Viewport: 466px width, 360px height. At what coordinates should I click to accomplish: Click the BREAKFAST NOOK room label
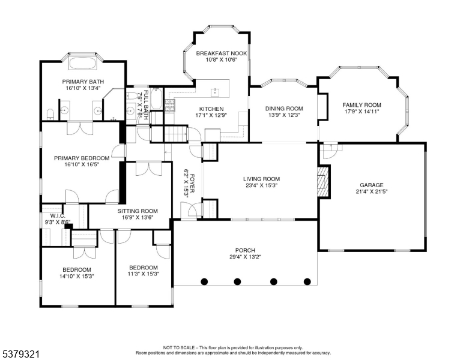(x=217, y=53)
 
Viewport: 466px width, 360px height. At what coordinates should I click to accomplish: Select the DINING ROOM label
(x=284, y=109)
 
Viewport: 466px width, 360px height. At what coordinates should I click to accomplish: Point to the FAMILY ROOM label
(x=362, y=105)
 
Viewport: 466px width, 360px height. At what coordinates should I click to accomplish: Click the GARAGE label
(x=371, y=185)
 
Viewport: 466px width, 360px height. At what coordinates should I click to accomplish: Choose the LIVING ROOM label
(x=261, y=179)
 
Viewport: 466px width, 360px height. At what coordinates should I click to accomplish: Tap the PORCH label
(x=245, y=250)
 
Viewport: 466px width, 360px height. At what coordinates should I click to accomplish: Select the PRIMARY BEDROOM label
(x=82, y=158)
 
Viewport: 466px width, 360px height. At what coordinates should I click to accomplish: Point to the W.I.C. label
(x=58, y=215)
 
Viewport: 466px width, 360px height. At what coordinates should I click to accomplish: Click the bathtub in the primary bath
(x=83, y=63)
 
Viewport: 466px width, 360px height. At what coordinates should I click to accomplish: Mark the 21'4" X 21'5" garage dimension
(x=371, y=192)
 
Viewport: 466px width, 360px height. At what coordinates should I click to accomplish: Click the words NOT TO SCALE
(x=178, y=347)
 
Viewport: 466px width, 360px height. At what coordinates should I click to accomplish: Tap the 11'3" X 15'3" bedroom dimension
(x=144, y=275)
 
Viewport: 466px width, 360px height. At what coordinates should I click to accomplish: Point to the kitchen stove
(x=170, y=106)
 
